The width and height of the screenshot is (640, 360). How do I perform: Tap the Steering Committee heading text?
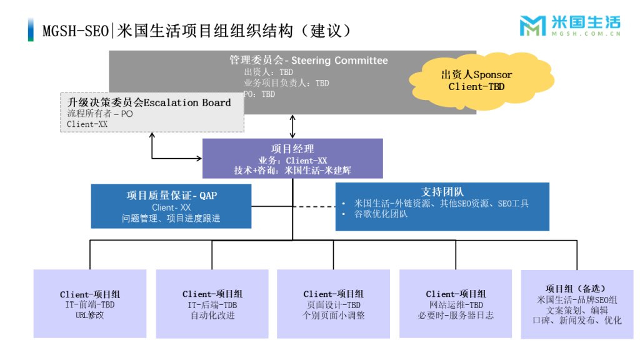click(309, 61)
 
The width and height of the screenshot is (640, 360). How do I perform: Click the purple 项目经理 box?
click(292, 158)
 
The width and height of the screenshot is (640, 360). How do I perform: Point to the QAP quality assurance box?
click(171, 206)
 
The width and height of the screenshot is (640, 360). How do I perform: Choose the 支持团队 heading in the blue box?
click(442, 192)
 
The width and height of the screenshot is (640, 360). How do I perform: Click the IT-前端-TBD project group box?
click(90, 304)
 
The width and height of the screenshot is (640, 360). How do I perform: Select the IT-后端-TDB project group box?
click(212, 304)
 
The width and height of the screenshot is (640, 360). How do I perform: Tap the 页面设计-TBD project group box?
click(334, 304)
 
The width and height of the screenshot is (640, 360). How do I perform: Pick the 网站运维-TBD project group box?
click(456, 304)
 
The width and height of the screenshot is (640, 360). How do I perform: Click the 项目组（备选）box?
click(576, 304)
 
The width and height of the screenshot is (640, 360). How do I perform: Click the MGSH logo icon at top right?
click(532, 26)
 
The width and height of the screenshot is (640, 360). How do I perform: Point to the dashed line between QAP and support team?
click(294, 206)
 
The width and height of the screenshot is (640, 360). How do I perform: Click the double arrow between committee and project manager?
click(292, 126)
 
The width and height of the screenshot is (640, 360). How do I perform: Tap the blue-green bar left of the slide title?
click(31, 30)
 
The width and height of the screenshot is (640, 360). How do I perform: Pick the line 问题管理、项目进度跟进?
click(171, 219)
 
